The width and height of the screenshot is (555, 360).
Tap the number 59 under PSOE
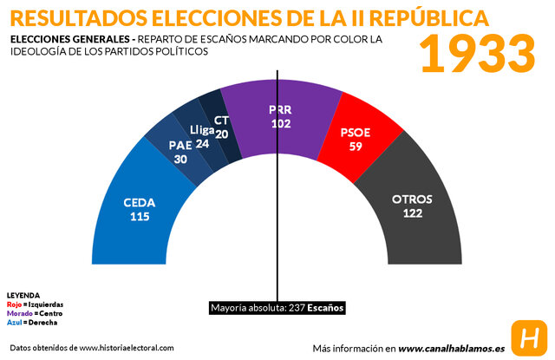[x=356, y=147]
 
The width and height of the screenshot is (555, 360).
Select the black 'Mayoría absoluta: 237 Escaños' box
[x=277, y=308]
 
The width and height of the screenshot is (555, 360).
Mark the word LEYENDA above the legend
[x=23, y=296]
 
